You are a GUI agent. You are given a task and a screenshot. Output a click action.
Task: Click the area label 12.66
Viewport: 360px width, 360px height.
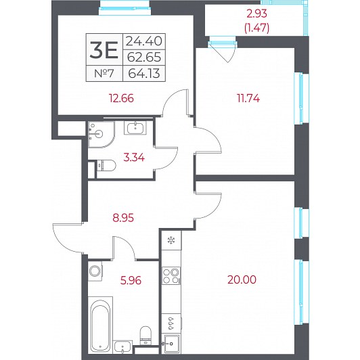click(121, 98)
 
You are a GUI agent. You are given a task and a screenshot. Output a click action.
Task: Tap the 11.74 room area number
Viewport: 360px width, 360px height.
click(248, 98)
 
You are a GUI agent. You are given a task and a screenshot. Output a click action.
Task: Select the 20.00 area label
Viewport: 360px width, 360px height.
click(242, 279)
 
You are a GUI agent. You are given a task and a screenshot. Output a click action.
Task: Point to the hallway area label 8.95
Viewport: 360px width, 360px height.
click(123, 218)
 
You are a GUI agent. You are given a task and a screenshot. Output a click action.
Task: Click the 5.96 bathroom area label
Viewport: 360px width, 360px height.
click(131, 280)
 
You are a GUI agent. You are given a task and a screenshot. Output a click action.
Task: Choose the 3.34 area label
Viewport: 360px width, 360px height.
click(134, 158)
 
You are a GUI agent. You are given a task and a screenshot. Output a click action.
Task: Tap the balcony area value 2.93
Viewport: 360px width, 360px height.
click(256, 14)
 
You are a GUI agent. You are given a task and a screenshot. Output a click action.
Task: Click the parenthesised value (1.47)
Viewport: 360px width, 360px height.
click(256, 28)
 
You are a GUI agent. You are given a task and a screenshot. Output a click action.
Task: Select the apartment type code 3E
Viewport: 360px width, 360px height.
click(104, 49)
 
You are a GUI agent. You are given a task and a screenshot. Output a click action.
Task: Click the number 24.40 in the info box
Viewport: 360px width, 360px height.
click(144, 41)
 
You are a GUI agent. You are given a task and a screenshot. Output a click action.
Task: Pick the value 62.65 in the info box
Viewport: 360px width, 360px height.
click(144, 57)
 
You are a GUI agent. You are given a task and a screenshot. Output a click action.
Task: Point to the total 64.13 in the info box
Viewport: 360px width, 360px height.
click(144, 74)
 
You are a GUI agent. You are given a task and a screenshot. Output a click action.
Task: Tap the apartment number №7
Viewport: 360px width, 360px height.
click(104, 74)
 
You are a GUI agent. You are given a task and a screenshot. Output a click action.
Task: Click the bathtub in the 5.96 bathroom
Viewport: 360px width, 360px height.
click(100, 325)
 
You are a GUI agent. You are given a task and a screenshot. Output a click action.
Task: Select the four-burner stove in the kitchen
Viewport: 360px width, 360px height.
click(171, 276)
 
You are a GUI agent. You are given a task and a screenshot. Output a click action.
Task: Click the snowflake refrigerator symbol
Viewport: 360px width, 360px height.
click(171, 241)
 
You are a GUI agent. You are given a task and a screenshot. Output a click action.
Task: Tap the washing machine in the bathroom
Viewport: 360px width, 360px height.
click(95, 271)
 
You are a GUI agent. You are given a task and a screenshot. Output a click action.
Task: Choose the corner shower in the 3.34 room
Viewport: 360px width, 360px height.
click(101, 135)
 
